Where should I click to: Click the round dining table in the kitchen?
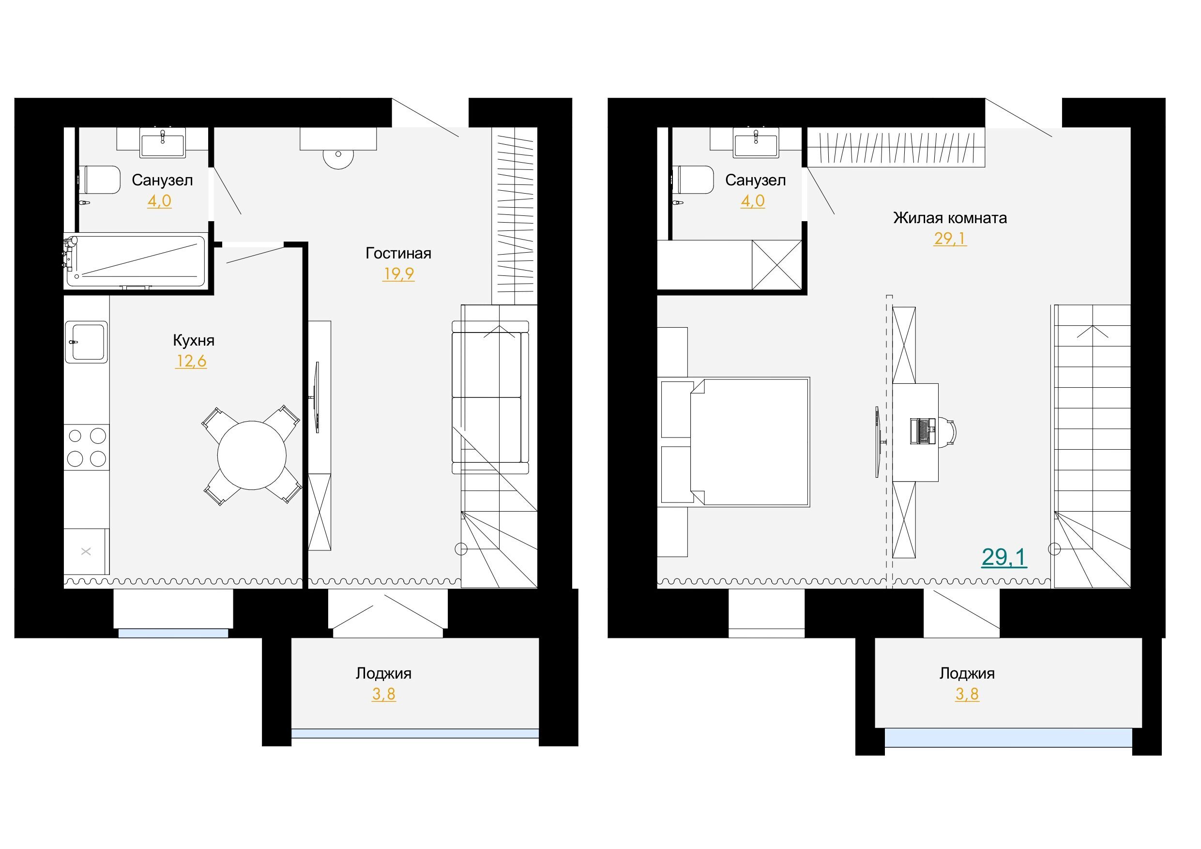252,455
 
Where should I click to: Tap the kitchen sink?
86,342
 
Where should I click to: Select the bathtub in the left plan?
136,261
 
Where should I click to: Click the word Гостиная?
398,253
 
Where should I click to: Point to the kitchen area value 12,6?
191,361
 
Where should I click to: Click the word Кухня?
194,341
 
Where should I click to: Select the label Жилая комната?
950,218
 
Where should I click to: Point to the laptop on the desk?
923,432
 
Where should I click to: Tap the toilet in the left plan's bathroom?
99,180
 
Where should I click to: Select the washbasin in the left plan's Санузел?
162,142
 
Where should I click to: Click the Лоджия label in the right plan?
967,673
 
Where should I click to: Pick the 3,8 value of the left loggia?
384,694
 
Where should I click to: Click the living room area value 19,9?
398,273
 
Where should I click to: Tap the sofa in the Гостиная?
490,397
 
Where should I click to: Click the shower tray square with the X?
777,265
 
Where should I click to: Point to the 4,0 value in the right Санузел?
753,201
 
